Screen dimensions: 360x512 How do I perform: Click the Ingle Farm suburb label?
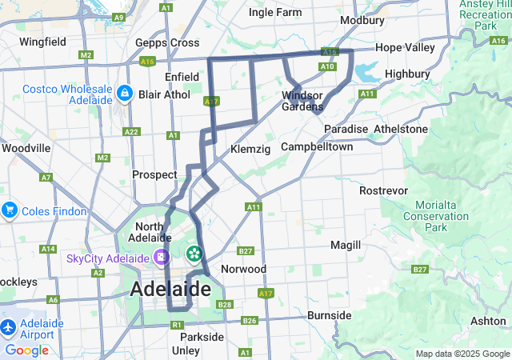275,12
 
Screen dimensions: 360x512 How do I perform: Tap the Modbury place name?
362,20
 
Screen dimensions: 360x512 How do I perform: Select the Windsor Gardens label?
302,101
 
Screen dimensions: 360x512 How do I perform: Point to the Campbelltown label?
317,147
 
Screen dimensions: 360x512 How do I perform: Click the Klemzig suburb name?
246,149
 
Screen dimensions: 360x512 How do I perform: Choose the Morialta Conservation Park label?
436,216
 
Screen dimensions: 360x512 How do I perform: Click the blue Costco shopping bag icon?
124,94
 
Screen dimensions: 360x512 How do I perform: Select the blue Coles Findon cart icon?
10,210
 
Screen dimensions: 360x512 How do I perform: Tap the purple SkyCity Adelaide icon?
162,258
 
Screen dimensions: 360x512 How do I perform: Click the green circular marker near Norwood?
193,255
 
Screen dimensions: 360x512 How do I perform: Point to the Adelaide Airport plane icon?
9,328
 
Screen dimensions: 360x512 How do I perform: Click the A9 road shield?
119,17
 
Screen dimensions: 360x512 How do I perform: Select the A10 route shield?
326,66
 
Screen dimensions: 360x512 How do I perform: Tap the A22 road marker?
131,132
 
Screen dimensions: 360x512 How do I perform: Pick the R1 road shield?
177,326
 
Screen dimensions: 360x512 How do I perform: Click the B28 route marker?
225,305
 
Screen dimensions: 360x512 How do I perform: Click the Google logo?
26,350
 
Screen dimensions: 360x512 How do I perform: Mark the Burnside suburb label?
329,315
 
